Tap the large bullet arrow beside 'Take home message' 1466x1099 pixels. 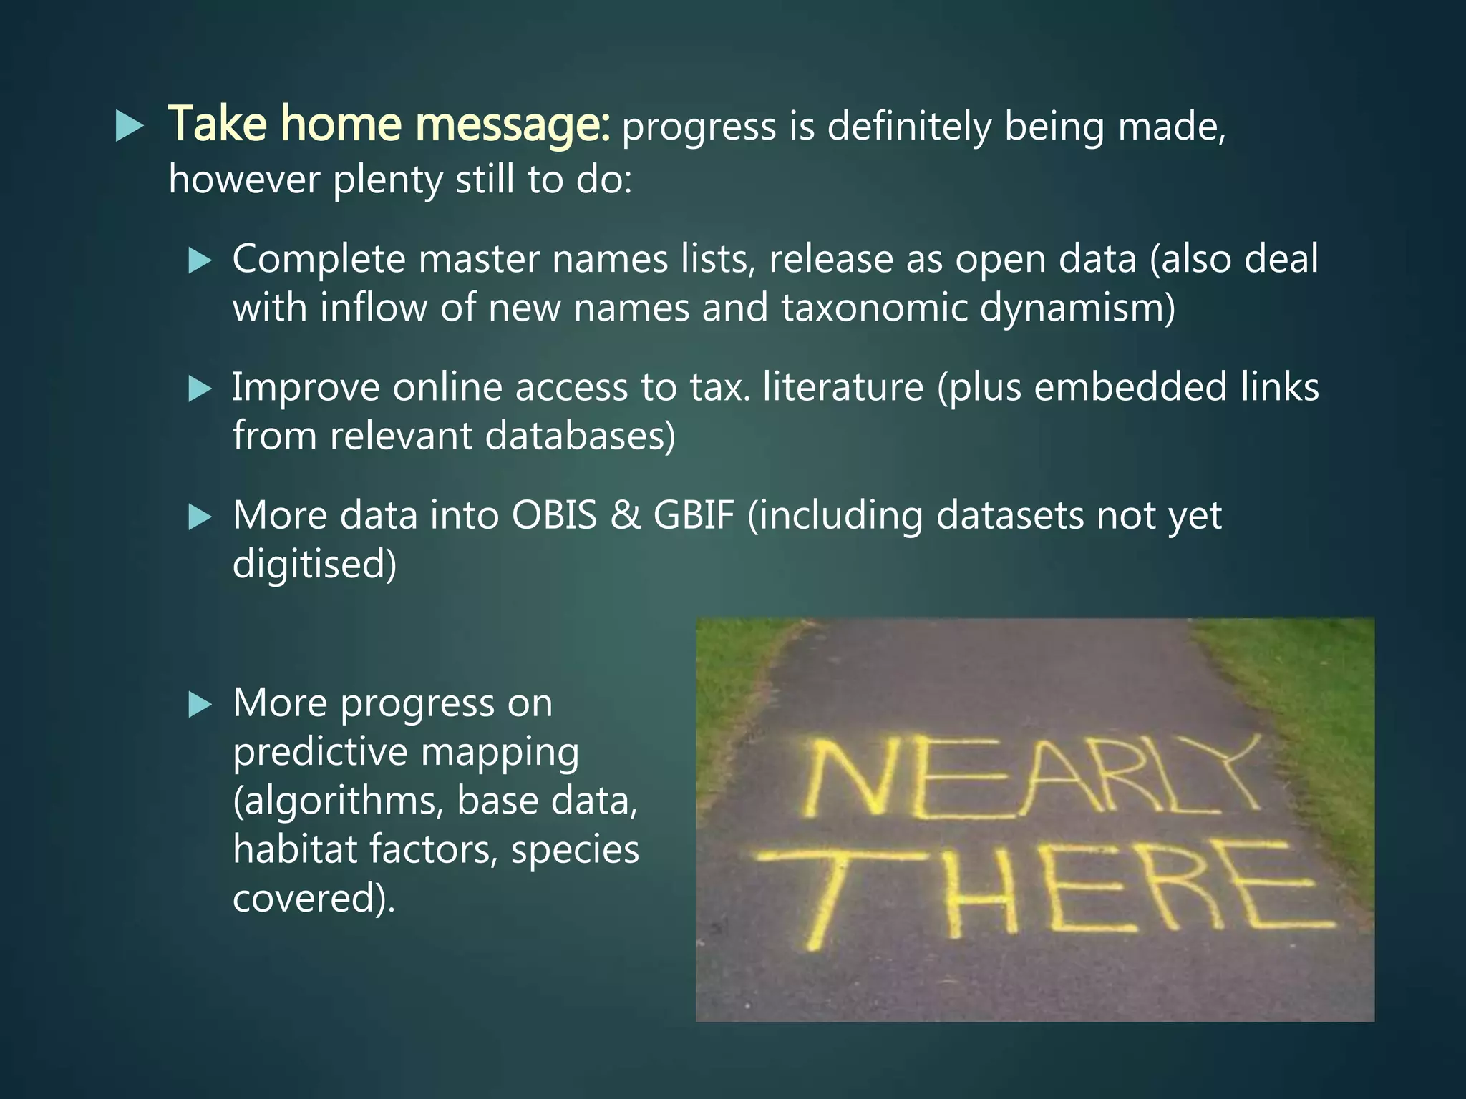[130, 127]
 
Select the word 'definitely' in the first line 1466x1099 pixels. [909, 127]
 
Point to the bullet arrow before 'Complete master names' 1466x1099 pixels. [200, 260]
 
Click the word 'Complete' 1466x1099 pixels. [319, 259]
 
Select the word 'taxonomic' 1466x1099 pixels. [873, 308]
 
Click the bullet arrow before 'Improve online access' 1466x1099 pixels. [200, 389]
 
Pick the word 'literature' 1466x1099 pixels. [843, 387]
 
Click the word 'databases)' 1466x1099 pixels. [580, 436]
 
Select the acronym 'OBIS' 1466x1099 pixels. [554, 515]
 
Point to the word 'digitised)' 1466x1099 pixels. [314, 565]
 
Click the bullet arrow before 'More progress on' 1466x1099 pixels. [200, 705]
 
